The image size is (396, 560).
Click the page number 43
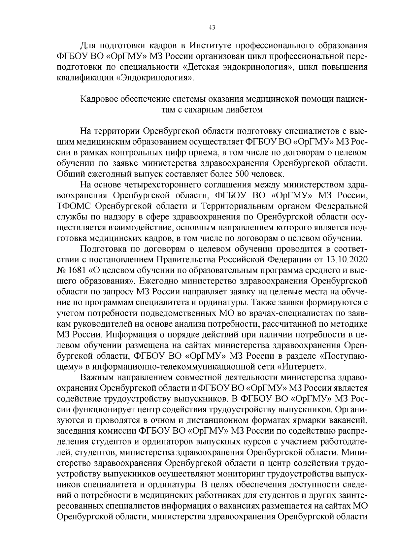click(212, 28)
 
